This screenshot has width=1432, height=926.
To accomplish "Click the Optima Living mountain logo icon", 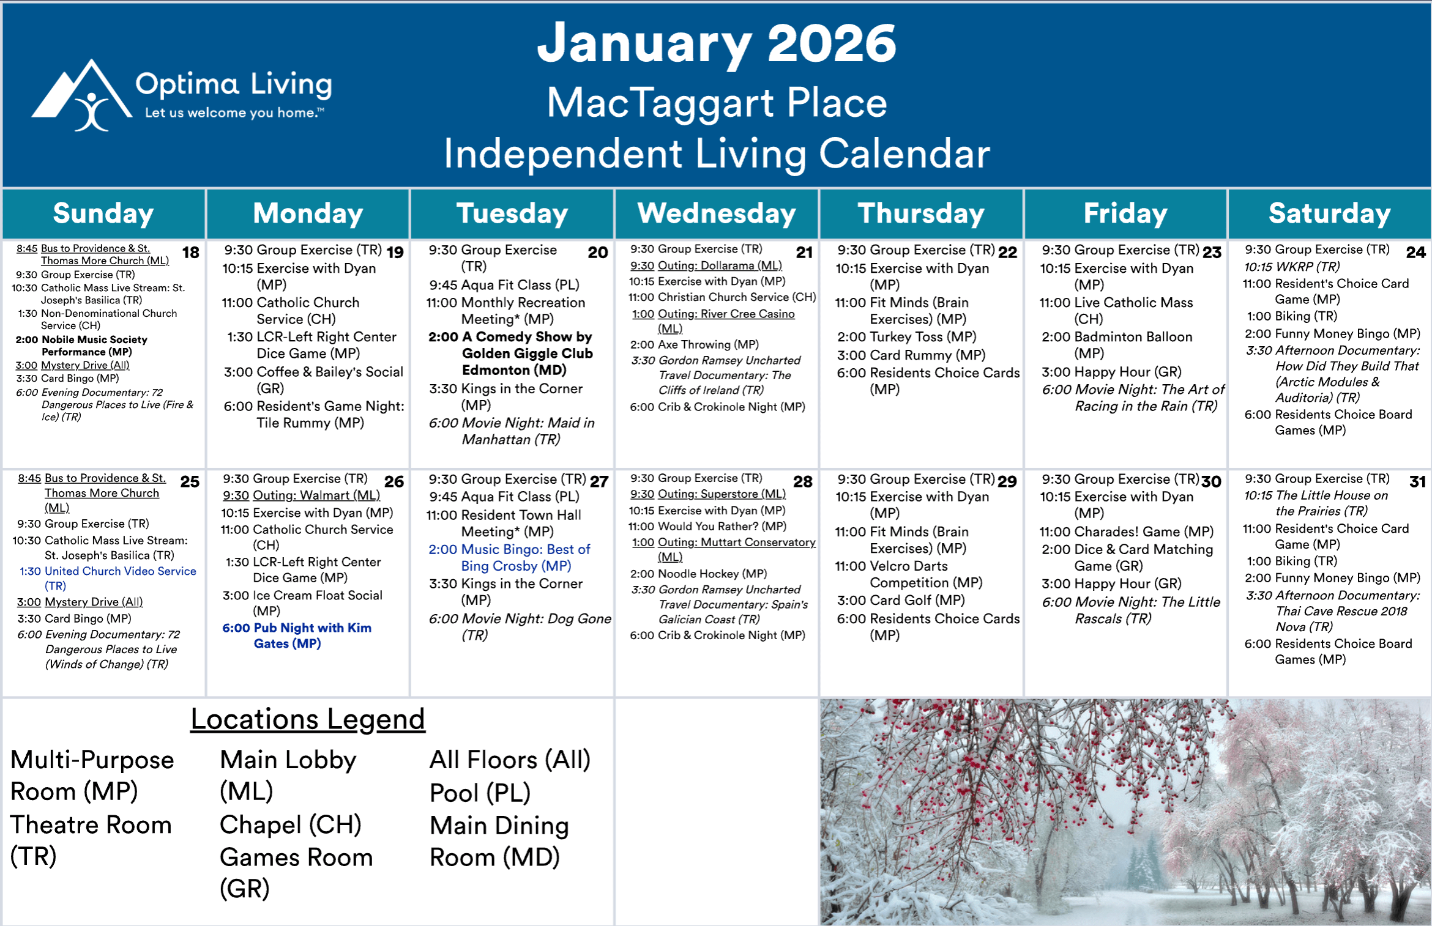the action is pyautogui.click(x=82, y=95).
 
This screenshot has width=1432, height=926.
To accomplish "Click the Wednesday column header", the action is pyautogui.click(x=717, y=213).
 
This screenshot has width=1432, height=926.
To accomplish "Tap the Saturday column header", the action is pyautogui.click(x=1330, y=213).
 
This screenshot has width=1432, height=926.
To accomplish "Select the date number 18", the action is pyautogui.click(x=191, y=253).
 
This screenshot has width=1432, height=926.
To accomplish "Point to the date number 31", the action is pyautogui.click(x=1417, y=482).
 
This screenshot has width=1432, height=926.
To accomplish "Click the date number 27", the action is pyautogui.click(x=599, y=482).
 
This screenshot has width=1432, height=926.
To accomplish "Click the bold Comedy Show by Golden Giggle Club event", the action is pyautogui.click(x=510, y=354).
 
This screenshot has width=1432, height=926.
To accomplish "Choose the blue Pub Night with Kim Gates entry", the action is pyautogui.click(x=297, y=635).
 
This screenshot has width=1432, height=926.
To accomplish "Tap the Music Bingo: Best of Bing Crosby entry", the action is pyautogui.click(x=509, y=558).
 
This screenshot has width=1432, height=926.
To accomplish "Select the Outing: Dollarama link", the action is pyautogui.click(x=706, y=265).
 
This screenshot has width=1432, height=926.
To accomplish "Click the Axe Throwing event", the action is pyautogui.click(x=695, y=344).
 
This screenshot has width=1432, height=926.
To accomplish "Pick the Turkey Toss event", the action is pyautogui.click(x=907, y=337).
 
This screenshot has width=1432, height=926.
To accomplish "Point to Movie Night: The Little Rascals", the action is pyautogui.click(x=1131, y=610).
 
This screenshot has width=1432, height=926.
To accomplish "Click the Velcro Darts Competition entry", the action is pyautogui.click(x=909, y=574).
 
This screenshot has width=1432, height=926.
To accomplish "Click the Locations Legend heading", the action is pyautogui.click(x=308, y=719).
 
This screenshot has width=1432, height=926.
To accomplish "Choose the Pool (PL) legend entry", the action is pyautogui.click(x=480, y=793).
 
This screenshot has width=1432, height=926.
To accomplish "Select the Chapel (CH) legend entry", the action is pyautogui.click(x=291, y=825).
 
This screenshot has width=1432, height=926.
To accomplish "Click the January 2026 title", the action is pyautogui.click(x=717, y=43).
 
